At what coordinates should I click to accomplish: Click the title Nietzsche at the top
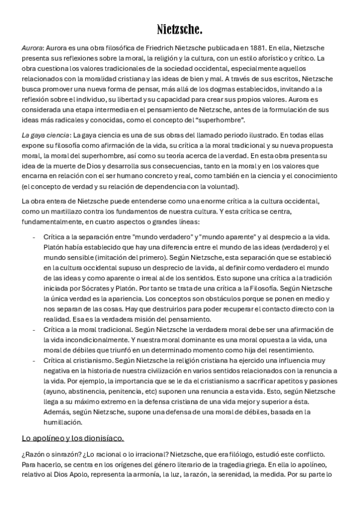click(x=180, y=29)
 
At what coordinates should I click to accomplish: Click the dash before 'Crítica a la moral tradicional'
click(x=33, y=330)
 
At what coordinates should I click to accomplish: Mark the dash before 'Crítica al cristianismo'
click(x=33, y=360)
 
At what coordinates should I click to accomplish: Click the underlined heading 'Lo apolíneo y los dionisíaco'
click(x=73, y=438)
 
